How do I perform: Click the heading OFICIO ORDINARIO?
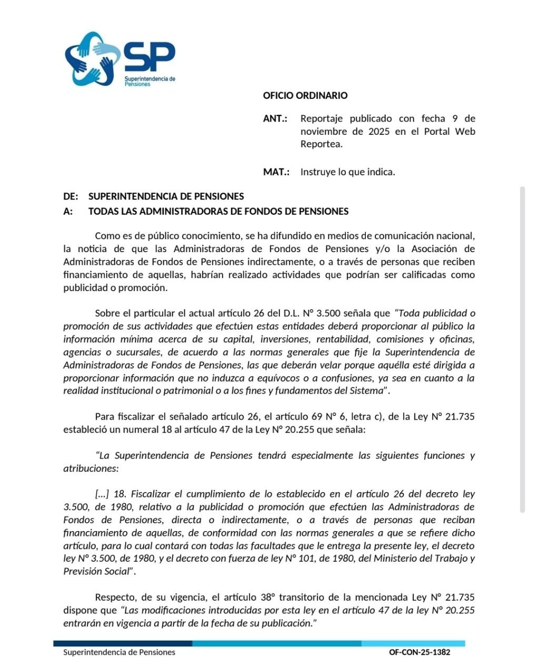pyautogui.click(x=305, y=96)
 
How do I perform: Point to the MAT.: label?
pyautogui.click(x=276, y=172)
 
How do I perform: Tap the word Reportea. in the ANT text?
pyautogui.click(x=321, y=144)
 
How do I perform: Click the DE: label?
pyautogui.click(x=71, y=196)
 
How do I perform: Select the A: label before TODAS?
pyautogui.click(x=68, y=212)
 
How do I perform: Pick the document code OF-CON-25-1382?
pyautogui.click(x=420, y=652)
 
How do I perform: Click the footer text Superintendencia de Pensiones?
pyautogui.click(x=119, y=652)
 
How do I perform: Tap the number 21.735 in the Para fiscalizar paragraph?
pyautogui.click(x=460, y=417)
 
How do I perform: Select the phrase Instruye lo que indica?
pyautogui.click(x=347, y=172)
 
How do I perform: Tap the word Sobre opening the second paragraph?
pyautogui.click(x=107, y=314)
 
